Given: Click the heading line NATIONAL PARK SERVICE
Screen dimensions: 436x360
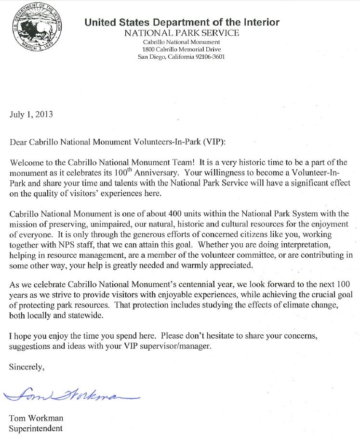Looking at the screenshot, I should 181,33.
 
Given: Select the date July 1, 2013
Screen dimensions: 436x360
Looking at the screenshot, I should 31,115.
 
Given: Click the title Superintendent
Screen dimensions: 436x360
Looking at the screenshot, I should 36,427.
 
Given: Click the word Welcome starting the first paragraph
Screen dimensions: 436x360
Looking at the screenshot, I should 24,162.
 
